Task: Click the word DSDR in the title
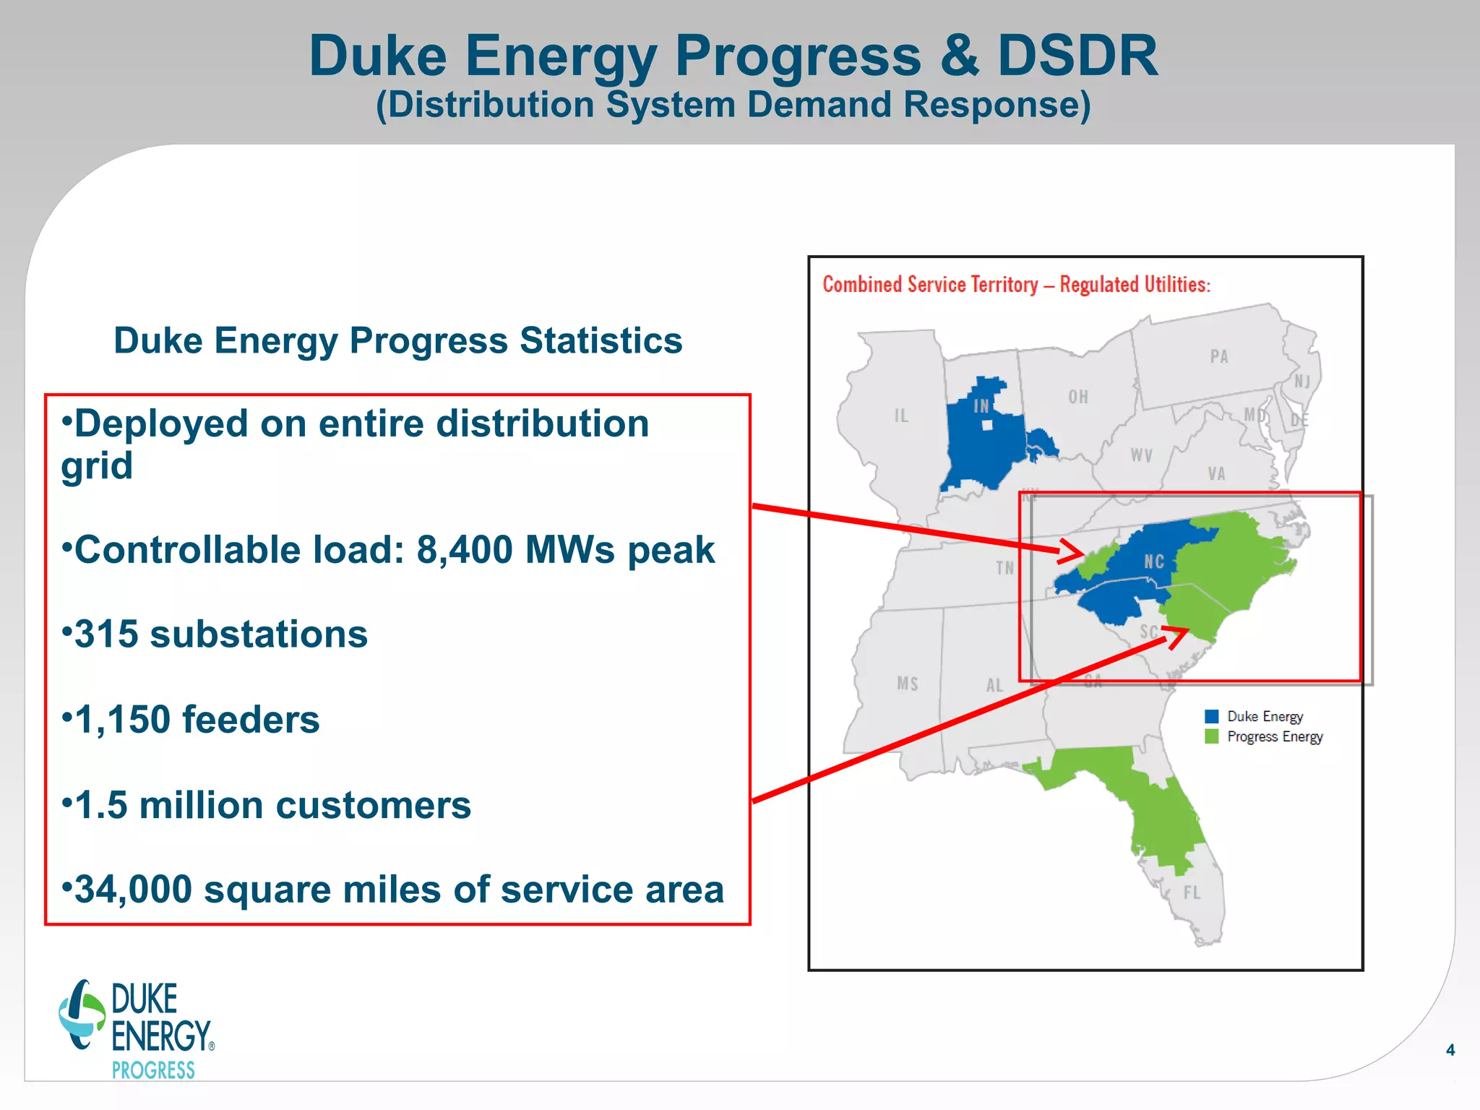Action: click(1077, 56)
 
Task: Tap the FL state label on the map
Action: click(1192, 893)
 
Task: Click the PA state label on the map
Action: click(1219, 356)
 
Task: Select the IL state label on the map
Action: click(900, 416)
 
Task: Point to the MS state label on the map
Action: click(908, 684)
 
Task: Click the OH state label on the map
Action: click(1078, 397)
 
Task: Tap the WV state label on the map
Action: click(1142, 455)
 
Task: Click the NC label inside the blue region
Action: click(1154, 562)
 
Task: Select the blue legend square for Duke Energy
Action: click(1212, 716)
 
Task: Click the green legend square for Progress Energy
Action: click(1212, 736)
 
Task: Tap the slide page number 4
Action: click(1450, 1050)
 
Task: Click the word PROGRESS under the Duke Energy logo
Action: click(153, 1070)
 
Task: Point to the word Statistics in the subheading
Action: click(601, 340)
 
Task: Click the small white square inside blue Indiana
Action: click(988, 426)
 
